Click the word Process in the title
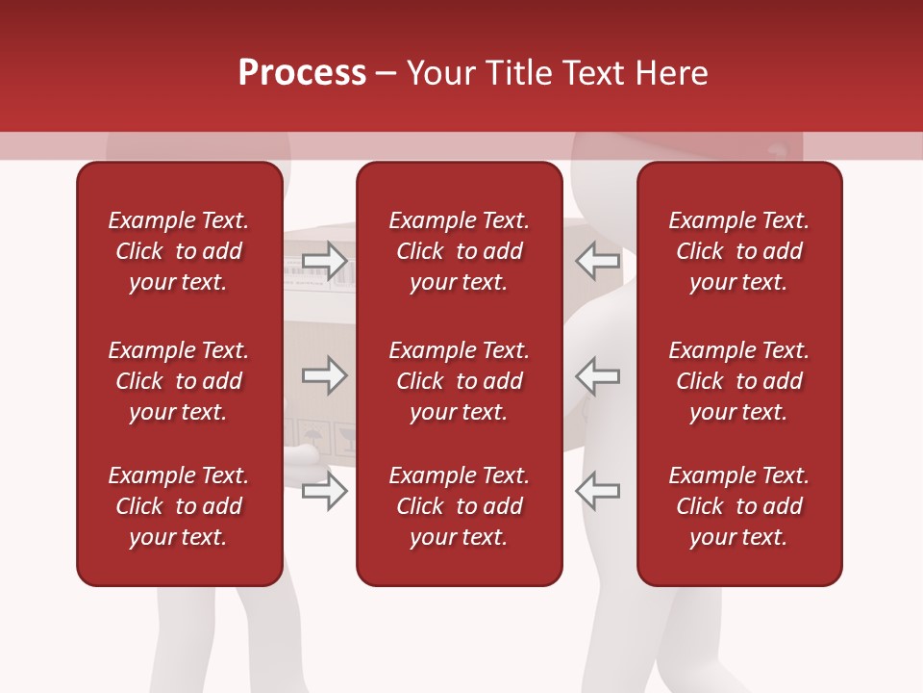(x=302, y=73)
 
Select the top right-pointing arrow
(x=325, y=260)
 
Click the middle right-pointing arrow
(x=325, y=375)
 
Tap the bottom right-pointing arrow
(x=325, y=491)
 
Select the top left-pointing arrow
(x=597, y=260)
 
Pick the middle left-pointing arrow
(x=597, y=375)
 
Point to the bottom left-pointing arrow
(x=597, y=491)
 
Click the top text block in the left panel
(x=179, y=251)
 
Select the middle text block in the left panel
(x=179, y=381)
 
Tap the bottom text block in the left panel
(x=179, y=506)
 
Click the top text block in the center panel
(x=459, y=251)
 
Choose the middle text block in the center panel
(x=459, y=381)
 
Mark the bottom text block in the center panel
(x=459, y=506)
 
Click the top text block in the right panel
(x=738, y=251)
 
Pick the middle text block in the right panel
(x=738, y=381)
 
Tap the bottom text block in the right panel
(x=738, y=506)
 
